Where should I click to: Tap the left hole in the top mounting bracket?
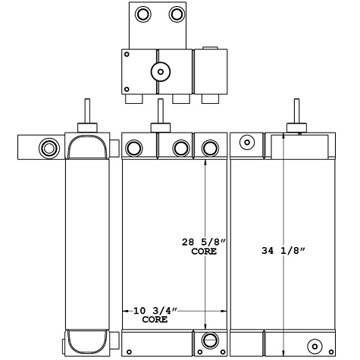click(142, 14)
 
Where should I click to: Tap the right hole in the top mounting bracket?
click(175, 14)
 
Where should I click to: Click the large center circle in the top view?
click(159, 72)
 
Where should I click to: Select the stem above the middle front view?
click(159, 114)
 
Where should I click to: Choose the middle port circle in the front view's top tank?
click(180, 148)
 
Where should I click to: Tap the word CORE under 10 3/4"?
click(155, 321)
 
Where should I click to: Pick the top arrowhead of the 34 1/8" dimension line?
click(283, 136)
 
